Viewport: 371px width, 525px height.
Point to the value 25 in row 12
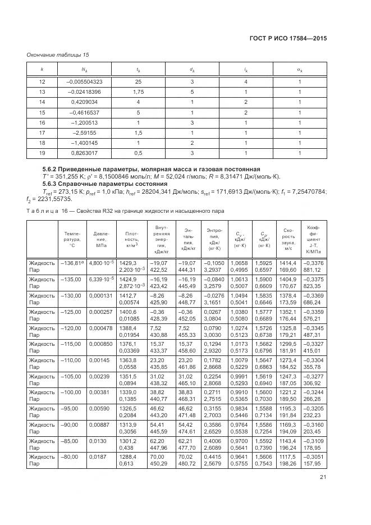pos(138,81)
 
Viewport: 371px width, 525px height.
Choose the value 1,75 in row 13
pos(138,92)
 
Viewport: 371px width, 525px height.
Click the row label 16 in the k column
pos(42,122)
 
